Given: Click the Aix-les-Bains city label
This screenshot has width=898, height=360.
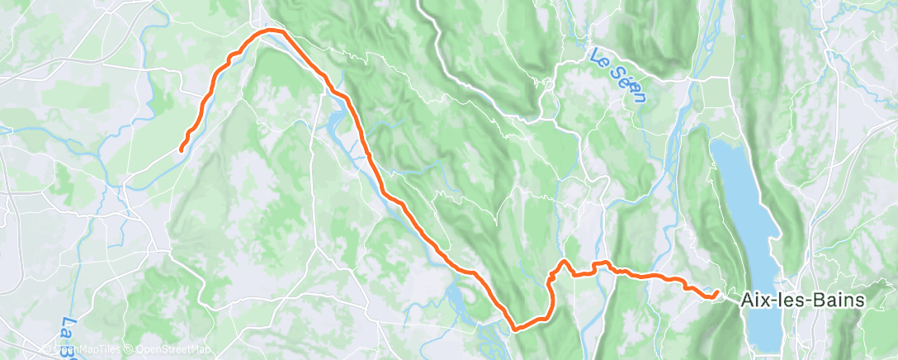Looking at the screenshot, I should pyautogui.click(x=801, y=301).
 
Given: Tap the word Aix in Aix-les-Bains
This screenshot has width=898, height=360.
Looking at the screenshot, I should pyautogui.click(x=754, y=301).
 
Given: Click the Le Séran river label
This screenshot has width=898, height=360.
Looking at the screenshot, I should pyautogui.click(x=617, y=73).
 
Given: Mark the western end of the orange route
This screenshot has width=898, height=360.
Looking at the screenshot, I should pyautogui.click(x=181, y=149).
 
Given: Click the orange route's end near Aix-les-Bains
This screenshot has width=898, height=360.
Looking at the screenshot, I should pyautogui.click(x=715, y=292).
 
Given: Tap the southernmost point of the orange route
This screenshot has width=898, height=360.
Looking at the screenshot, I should pyautogui.click(x=516, y=328).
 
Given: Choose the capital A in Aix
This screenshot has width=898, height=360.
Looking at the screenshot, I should pyautogui.click(x=746, y=301).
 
